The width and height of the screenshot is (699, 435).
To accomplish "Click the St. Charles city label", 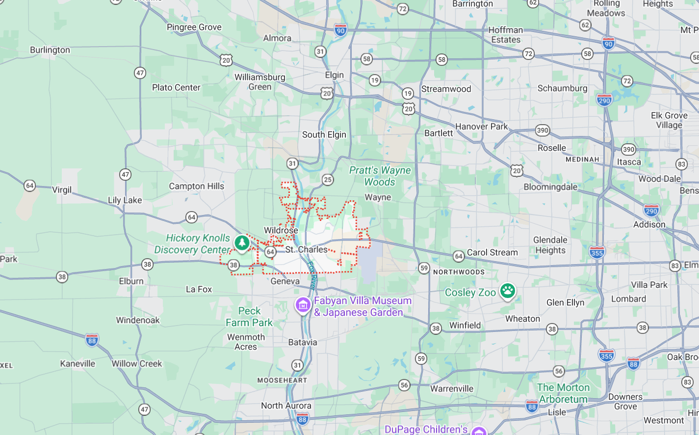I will (306, 249).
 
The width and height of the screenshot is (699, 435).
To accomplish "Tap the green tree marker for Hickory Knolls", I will (241, 243).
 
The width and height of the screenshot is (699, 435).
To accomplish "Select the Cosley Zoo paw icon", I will (507, 291).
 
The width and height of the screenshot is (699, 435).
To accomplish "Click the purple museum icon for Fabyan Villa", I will (303, 305).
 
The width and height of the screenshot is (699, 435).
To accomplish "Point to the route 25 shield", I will (328, 180).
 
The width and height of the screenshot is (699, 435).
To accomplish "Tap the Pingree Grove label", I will (194, 27).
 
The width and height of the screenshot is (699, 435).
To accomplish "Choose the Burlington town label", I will (50, 50).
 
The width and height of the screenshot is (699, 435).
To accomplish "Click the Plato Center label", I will (176, 87).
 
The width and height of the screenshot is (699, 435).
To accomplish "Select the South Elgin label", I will (324, 135).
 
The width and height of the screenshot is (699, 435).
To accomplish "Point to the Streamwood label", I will (446, 89).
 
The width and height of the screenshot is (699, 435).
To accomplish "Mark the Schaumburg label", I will (562, 88).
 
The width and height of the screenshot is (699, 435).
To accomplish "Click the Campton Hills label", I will (196, 186).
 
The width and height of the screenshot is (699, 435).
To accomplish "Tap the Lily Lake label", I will (125, 200).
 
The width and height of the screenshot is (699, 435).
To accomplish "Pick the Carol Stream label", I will (492, 252).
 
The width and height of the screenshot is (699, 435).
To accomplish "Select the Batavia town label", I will (303, 342).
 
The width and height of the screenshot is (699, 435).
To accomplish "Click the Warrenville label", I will (452, 389).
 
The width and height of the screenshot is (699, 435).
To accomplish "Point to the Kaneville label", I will (78, 364).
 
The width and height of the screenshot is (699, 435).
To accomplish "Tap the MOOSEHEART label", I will (282, 381).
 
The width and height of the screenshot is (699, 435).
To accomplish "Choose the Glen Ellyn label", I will (565, 302).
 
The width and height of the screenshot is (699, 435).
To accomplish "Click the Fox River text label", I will (312, 275).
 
